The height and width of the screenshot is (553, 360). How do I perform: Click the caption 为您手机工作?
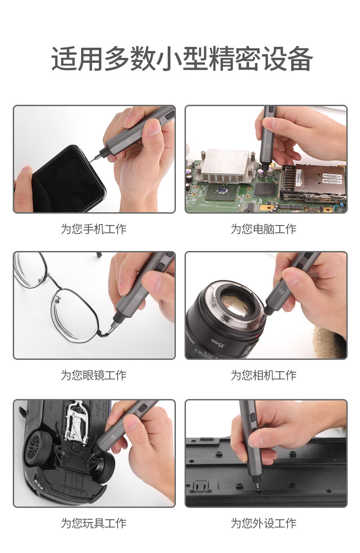93,229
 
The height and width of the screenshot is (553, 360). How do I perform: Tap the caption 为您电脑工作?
263,229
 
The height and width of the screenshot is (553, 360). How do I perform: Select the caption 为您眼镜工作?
93,375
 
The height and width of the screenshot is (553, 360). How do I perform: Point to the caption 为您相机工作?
263,375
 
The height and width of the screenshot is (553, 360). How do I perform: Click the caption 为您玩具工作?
93,523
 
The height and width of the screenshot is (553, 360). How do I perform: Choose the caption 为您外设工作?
263,523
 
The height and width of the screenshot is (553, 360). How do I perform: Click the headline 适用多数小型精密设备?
182,59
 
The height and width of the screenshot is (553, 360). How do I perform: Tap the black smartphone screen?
67,180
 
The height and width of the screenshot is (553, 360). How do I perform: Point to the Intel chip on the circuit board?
264,189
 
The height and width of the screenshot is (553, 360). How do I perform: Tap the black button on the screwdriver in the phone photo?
170,115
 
